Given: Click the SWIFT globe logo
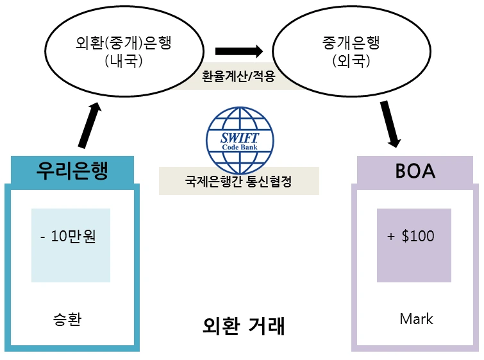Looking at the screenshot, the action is (240, 141).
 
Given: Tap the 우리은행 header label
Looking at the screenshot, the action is (72, 170).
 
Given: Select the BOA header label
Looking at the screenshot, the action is (415, 171).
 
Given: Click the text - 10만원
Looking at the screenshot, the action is (68, 236).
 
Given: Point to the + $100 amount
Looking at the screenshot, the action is (410, 236).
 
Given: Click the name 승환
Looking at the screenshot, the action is (67, 319).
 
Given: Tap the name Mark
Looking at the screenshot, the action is (416, 319).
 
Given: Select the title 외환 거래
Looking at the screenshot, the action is (244, 326).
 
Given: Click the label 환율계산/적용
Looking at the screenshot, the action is (238, 76).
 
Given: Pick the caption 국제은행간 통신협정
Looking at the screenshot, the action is (238, 181).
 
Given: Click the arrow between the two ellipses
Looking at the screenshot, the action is (239, 51).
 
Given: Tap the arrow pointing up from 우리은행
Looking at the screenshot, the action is (90, 125).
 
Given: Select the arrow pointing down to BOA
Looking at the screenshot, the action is (390, 124).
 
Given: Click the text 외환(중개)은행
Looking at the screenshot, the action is (124, 42).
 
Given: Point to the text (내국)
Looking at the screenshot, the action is (124, 60).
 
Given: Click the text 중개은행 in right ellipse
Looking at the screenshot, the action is (351, 42).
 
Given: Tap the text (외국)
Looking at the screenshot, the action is (351, 60).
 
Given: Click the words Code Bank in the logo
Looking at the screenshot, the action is (240, 147).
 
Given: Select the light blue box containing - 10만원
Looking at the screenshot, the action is (71, 245).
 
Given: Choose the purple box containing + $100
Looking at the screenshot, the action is (414, 245).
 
